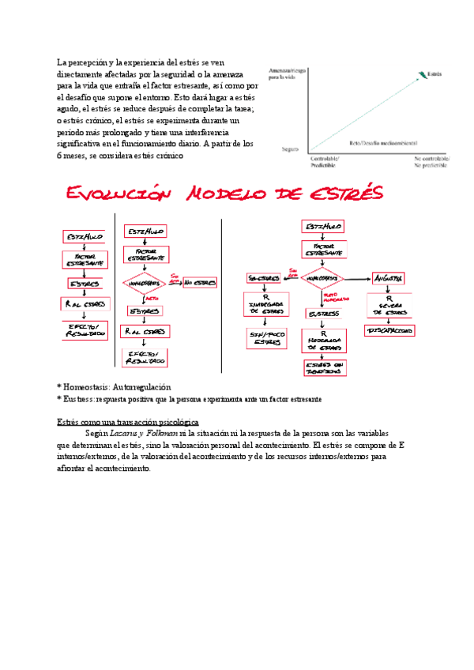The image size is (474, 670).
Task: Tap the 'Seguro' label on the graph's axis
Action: click(290, 148)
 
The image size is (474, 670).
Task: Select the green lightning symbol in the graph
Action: click(421, 75)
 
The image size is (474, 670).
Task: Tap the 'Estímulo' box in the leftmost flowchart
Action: click(85, 236)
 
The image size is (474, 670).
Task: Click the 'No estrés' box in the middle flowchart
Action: click(200, 281)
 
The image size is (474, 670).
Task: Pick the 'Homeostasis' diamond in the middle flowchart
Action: click(145, 282)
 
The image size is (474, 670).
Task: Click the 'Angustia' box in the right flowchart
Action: click(389, 278)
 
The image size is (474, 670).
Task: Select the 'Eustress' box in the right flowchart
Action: click(324, 313)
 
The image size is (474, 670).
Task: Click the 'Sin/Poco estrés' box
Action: click(263, 338)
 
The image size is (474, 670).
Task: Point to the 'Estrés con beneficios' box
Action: click(324, 367)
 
